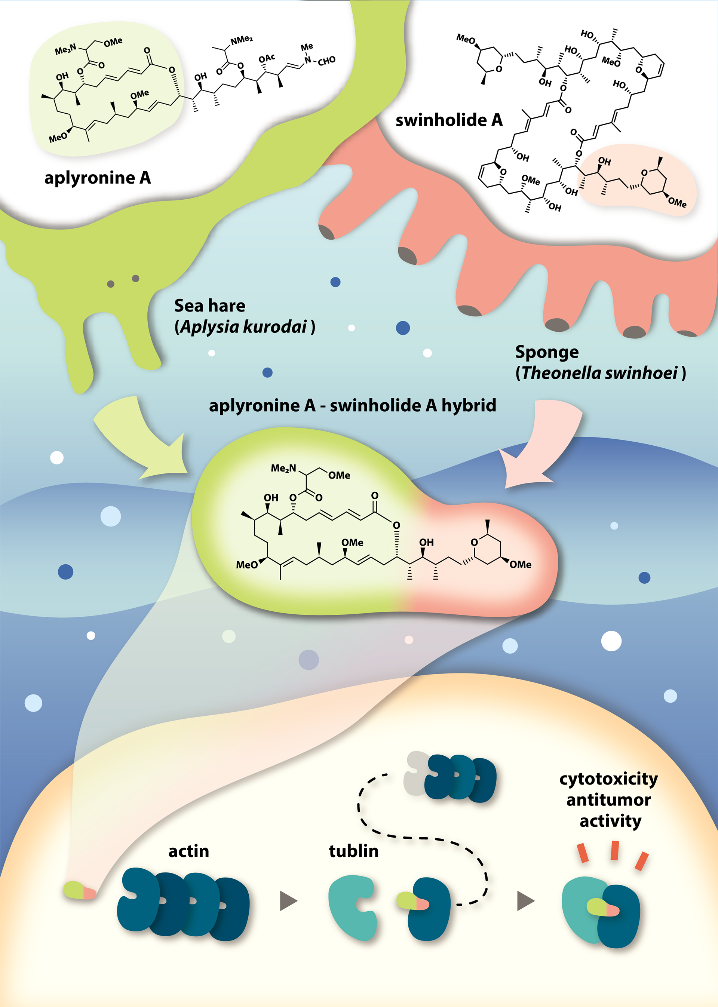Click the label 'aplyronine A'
click(97, 178)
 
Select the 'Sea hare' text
click(209, 306)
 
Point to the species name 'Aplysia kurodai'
click(244, 327)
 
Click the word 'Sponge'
click(546, 352)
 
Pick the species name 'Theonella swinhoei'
click(599, 373)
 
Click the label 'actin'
click(188, 851)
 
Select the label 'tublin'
click(354, 851)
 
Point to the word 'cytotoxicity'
click(608, 779)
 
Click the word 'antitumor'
click(608, 800)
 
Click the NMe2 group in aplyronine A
click(242, 40)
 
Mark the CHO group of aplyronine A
click(326, 61)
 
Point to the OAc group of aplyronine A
click(267, 59)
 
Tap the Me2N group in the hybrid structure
click(283, 468)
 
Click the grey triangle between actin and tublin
click(288, 901)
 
